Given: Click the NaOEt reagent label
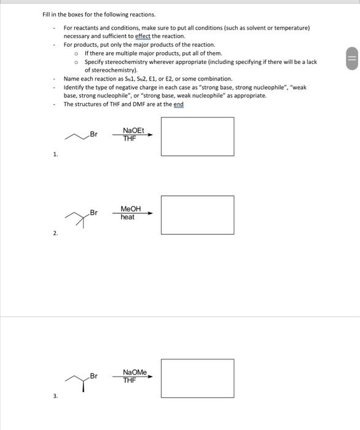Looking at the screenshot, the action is [x=133, y=130].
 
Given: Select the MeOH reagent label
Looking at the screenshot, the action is [x=131, y=209].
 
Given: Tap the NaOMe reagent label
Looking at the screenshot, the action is [x=135, y=372].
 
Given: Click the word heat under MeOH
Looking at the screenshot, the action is [x=128, y=217].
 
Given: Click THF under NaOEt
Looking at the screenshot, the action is [x=130, y=138].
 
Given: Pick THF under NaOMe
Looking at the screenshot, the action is [x=130, y=380].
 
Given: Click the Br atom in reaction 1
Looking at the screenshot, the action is [x=93, y=134].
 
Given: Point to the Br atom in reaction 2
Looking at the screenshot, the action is [x=93, y=213].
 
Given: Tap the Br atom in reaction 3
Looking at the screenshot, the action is [x=93, y=376].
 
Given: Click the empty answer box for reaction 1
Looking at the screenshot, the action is [x=197, y=118].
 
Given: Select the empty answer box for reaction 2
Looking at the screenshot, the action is [x=197, y=196].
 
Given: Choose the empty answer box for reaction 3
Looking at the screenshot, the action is [x=197, y=359].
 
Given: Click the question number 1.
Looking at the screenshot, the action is [x=55, y=154].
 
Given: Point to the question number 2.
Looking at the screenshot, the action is [x=55, y=233].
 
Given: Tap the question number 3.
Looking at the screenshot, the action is [x=55, y=396].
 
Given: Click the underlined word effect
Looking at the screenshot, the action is [x=143, y=36].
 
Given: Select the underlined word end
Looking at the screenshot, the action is [x=179, y=104].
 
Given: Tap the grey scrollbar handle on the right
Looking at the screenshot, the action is [x=352, y=58].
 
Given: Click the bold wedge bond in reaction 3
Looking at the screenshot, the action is [x=84, y=386].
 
